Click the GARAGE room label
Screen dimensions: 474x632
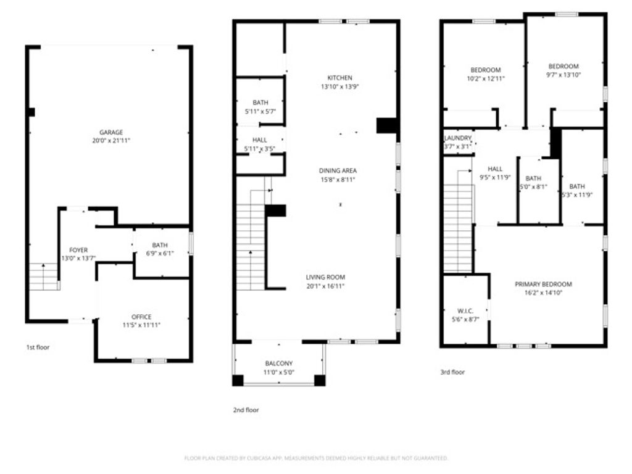pos(111,132)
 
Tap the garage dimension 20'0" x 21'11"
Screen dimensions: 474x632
pos(111,141)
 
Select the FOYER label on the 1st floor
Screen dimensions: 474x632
pos(78,250)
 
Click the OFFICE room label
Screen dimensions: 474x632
pos(141,317)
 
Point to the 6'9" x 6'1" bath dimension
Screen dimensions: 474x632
pos(160,253)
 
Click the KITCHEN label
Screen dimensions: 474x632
pos(339,78)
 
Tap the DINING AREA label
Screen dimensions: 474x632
pos(338,171)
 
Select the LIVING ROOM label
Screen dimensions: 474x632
pos(325,277)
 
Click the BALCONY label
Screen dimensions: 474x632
pos(278,364)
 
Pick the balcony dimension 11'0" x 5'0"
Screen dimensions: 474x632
pos(278,372)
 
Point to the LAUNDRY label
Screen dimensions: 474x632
pos(458,138)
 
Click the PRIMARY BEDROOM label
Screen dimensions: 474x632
pos(543,285)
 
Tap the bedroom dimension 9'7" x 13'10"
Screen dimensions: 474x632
pos(563,75)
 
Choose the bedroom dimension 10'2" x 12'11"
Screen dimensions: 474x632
pos(486,78)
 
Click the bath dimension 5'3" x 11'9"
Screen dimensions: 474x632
pos(577,195)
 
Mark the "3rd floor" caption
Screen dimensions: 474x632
pos(452,372)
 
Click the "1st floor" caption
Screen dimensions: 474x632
pos(38,347)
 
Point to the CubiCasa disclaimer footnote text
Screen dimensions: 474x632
pos(316,458)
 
